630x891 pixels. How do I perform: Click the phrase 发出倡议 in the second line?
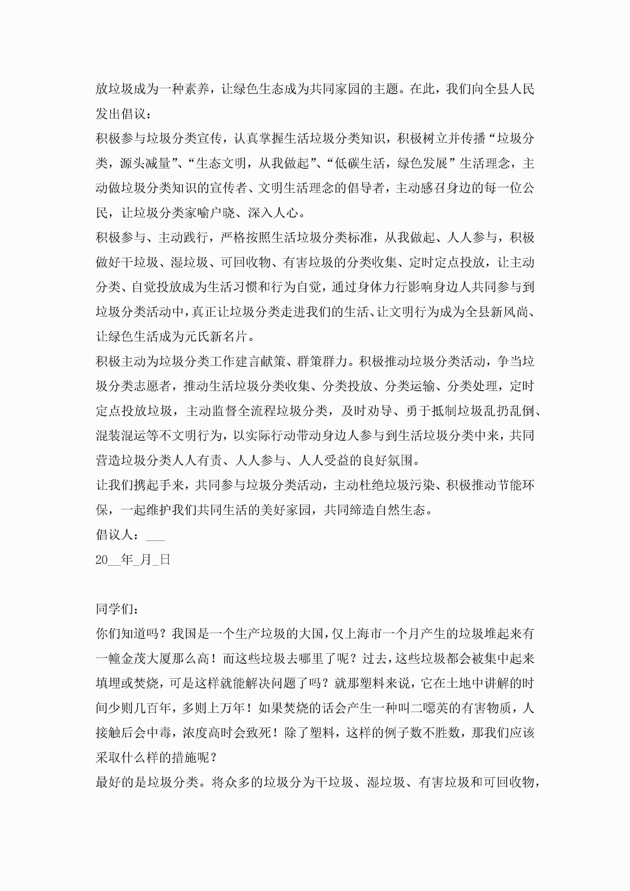pyautogui.click(x=120, y=114)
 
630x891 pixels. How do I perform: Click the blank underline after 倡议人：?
pyautogui.click(x=156, y=535)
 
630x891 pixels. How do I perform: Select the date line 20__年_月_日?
pyautogui.click(x=133, y=559)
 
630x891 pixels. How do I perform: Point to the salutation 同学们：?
pyautogui.click(x=116, y=609)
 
